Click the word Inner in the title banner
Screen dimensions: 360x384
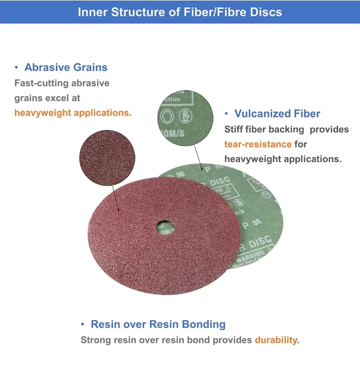tap(92, 12)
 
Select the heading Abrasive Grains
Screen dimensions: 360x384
tap(66, 67)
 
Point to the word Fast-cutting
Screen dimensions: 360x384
tap(41, 83)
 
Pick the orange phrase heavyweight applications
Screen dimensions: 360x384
tap(72, 113)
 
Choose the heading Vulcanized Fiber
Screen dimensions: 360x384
tap(277, 114)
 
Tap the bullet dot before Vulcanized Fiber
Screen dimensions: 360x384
tap(226, 114)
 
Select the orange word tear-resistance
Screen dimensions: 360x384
tap(258, 144)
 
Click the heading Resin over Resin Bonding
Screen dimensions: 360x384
tap(158, 324)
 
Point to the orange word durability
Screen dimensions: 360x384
tap(276, 340)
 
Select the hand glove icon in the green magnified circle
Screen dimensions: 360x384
tap(185, 117)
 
